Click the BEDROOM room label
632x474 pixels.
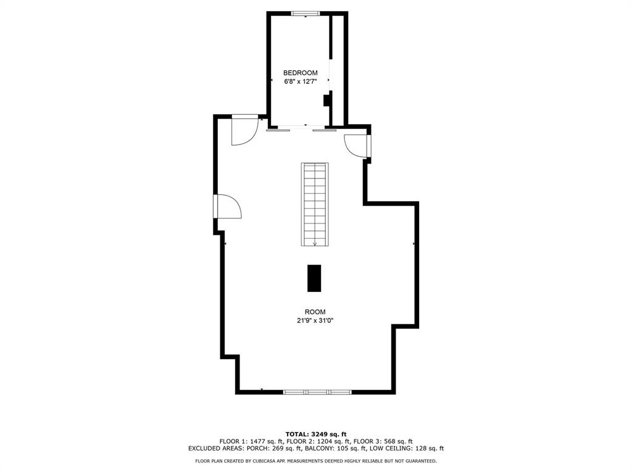pos(300,73)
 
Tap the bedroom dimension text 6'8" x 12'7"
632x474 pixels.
pos(300,81)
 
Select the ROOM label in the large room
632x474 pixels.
pos(315,312)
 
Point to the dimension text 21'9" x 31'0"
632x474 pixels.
pos(315,320)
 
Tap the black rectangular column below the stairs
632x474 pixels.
pos(315,278)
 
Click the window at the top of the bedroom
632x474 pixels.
pos(306,13)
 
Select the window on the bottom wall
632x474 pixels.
pos(317,392)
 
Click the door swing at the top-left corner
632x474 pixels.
pos(244,130)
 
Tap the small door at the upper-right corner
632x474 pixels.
pos(356,145)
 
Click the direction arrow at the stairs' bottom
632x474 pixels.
pos(315,243)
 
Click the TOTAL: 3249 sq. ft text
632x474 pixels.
pos(315,434)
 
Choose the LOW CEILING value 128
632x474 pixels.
pos(423,449)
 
